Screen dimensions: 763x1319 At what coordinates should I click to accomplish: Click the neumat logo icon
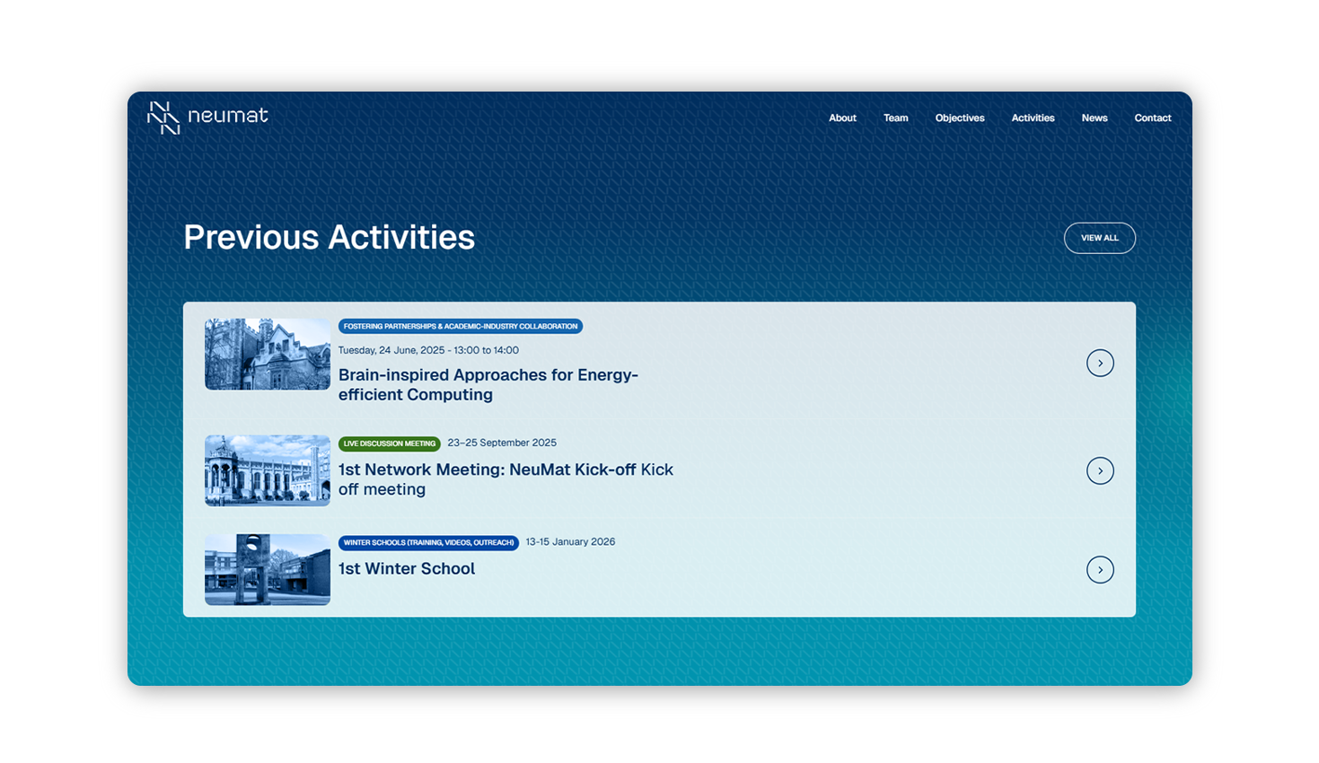coord(163,118)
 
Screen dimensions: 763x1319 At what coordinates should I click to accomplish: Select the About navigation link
coord(842,118)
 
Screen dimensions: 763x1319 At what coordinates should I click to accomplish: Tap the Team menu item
coord(895,118)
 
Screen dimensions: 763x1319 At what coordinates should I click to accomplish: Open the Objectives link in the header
coord(960,118)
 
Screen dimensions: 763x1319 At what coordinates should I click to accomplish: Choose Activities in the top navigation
coord(1033,118)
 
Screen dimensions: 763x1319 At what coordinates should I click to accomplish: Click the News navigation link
coord(1095,118)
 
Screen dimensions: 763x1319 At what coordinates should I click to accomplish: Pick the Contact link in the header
coord(1152,118)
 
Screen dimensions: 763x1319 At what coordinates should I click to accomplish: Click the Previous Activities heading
coord(329,237)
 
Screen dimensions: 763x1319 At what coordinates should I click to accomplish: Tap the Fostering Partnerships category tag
coord(460,327)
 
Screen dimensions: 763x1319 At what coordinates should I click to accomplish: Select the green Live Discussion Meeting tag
coord(389,443)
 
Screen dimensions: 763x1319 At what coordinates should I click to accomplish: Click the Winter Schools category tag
coord(428,543)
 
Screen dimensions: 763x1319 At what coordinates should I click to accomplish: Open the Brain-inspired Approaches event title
coord(488,384)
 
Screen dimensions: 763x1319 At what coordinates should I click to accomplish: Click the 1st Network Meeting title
coord(505,479)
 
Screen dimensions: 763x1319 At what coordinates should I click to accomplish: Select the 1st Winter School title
coord(407,569)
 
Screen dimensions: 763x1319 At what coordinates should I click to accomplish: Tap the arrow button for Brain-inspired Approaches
coord(1100,363)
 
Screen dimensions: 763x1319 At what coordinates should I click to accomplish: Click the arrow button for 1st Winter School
coord(1100,570)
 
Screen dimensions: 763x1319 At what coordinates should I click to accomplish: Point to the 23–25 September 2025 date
coord(502,443)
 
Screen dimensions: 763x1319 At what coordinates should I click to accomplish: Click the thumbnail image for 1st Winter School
coord(268,569)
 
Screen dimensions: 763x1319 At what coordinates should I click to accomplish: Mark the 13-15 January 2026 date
coord(570,542)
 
